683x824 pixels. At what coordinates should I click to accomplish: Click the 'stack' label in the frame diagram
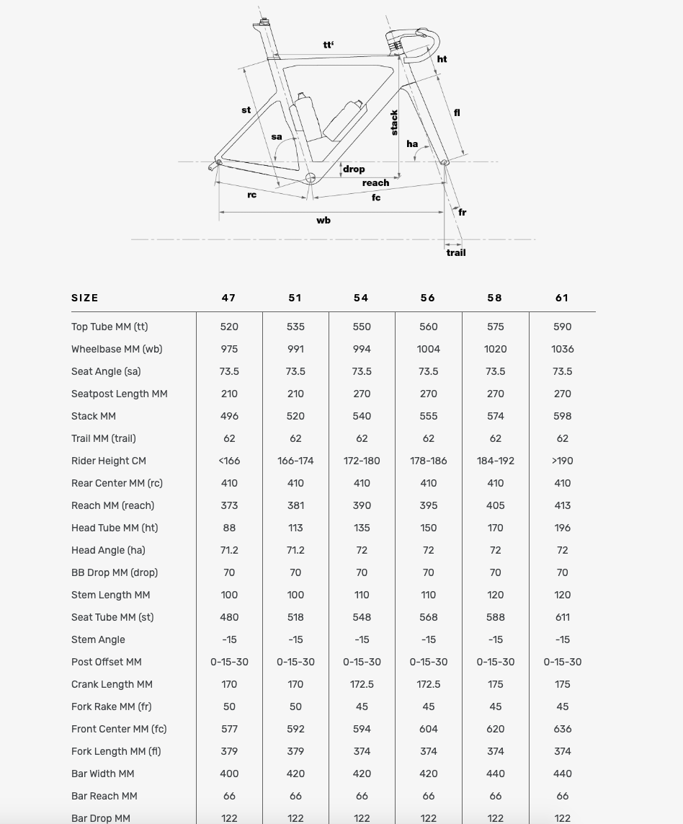pos(394,122)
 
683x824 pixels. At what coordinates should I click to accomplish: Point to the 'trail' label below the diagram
pos(456,252)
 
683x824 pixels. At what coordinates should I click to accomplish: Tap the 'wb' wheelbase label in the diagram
pos(323,220)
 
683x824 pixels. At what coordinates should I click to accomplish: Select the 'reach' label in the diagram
pos(375,182)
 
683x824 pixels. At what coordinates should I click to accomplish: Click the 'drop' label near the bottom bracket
pos(354,169)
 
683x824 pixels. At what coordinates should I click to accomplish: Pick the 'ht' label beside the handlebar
pos(442,59)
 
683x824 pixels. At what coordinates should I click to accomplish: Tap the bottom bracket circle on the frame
pos(311,178)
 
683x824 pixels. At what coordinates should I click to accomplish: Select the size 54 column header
pos(362,298)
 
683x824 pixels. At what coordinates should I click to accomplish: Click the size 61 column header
pos(562,298)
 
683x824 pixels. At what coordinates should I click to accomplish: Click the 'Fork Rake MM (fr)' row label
pos(112,706)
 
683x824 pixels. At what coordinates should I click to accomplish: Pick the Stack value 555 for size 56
pos(429,416)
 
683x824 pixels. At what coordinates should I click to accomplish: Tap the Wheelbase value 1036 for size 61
pos(563,349)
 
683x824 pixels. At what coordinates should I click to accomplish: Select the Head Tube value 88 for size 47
pos(229,528)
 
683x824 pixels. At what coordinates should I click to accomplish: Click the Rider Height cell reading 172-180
pos(362,461)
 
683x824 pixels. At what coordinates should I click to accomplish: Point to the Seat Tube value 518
pos(295,617)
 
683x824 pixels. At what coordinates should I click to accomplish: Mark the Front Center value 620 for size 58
pos(496,729)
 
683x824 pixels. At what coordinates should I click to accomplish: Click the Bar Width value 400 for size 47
pos(229,774)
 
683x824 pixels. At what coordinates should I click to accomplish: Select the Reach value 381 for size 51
pos(295,505)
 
